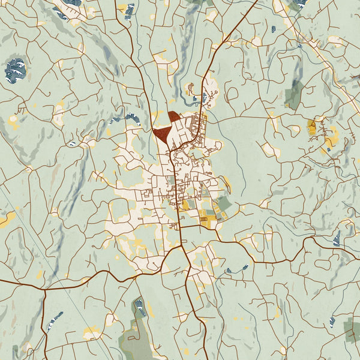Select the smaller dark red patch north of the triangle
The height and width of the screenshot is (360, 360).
(173, 116)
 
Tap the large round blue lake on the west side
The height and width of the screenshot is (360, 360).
(15, 70)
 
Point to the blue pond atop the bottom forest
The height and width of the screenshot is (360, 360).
(140, 307)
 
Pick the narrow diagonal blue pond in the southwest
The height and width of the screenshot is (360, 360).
(55, 321)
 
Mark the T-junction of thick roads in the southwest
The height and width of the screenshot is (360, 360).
(44, 290)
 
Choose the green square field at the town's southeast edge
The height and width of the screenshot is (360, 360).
(223, 205)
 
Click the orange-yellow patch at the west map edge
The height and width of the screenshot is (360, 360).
(6, 219)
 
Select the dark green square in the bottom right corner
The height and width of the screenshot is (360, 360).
(353, 328)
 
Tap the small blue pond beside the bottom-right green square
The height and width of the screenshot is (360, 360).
(332, 322)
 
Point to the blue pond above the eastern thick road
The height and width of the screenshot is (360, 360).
(337, 238)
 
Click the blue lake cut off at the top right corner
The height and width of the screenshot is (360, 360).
(298, 3)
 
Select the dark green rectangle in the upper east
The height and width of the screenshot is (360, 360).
(293, 94)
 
